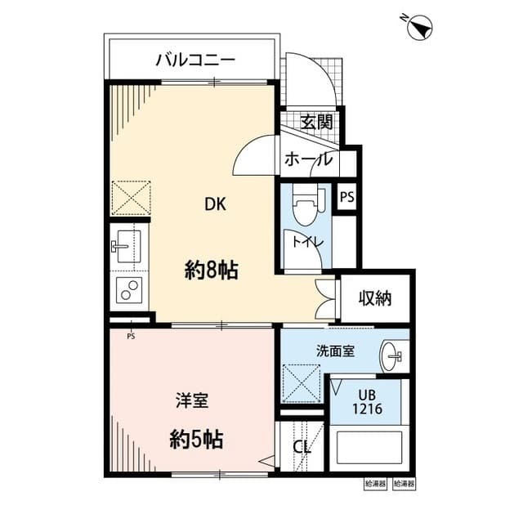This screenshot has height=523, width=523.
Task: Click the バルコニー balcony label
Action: (x=195, y=60)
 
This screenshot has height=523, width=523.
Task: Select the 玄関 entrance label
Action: (x=315, y=123)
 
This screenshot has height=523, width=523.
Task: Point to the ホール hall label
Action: (x=308, y=159)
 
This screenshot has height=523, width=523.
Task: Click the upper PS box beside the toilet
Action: (x=347, y=197)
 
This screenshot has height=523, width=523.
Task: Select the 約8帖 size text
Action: (x=211, y=270)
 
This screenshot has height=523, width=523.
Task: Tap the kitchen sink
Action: (x=128, y=245)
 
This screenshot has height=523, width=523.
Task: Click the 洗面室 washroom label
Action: (x=335, y=351)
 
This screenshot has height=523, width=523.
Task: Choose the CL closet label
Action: (x=301, y=449)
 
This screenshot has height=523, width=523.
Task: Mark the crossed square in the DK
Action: (x=132, y=198)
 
